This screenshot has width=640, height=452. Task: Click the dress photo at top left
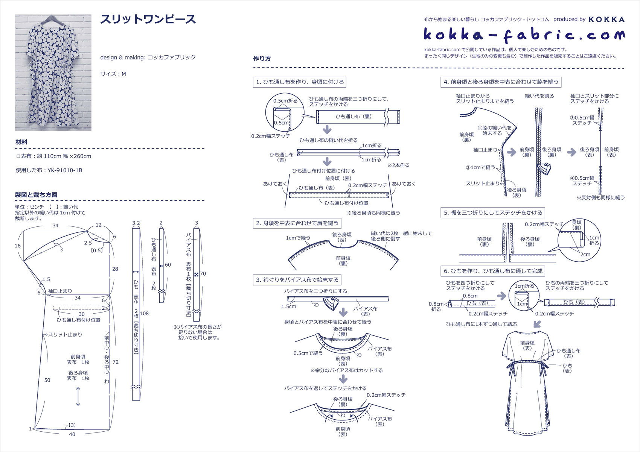53,73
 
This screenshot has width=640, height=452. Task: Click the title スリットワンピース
148,20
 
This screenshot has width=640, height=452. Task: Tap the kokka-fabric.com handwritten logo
524,35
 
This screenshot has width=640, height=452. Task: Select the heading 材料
21,142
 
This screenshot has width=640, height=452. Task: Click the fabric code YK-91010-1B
65,170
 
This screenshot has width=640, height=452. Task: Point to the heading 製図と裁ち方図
36,195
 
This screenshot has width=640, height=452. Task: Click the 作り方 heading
262,59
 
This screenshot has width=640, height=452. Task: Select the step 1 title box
300,82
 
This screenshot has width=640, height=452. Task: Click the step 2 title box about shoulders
297,223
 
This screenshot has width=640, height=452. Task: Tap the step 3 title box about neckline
297,280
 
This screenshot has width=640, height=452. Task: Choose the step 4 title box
501,82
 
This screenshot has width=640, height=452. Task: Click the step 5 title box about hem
493,213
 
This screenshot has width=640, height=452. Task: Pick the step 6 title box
493,271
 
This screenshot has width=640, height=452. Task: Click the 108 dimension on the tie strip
144,313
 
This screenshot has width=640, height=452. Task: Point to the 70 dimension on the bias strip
203,274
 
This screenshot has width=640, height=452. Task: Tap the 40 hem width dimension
72,434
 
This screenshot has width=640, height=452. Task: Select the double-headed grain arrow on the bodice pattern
78,397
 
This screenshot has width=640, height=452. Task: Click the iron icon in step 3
331,303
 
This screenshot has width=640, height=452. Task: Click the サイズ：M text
113,74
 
